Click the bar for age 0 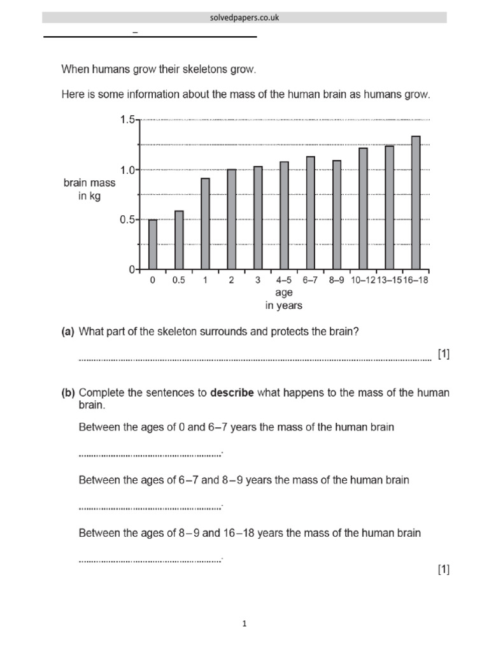click(x=153, y=244)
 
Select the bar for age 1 click(x=205, y=223)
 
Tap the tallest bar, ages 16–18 click(x=416, y=202)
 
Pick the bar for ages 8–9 click(x=337, y=215)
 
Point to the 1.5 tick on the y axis click(x=127, y=120)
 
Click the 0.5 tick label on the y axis click(x=127, y=220)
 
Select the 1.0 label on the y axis click(x=127, y=170)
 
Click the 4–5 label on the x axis click(x=284, y=280)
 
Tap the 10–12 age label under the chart click(x=363, y=280)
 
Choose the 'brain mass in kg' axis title click(x=90, y=189)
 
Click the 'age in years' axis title click(x=284, y=299)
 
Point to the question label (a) click(x=68, y=331)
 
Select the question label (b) click(x=68, y=393)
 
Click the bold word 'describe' click(x=232, y=393)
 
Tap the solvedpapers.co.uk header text click(x=244, y=18)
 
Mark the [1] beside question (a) click(x=443, y=354)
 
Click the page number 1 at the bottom click(x=244, y=624)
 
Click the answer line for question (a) click(x=255, y=359)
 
